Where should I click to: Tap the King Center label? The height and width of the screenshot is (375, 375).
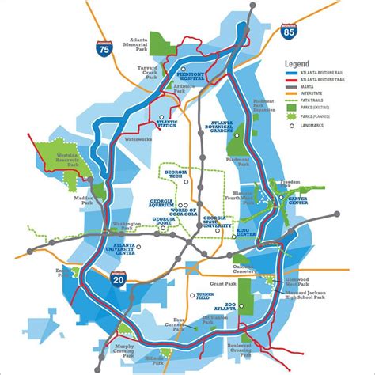tap(246, 233)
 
